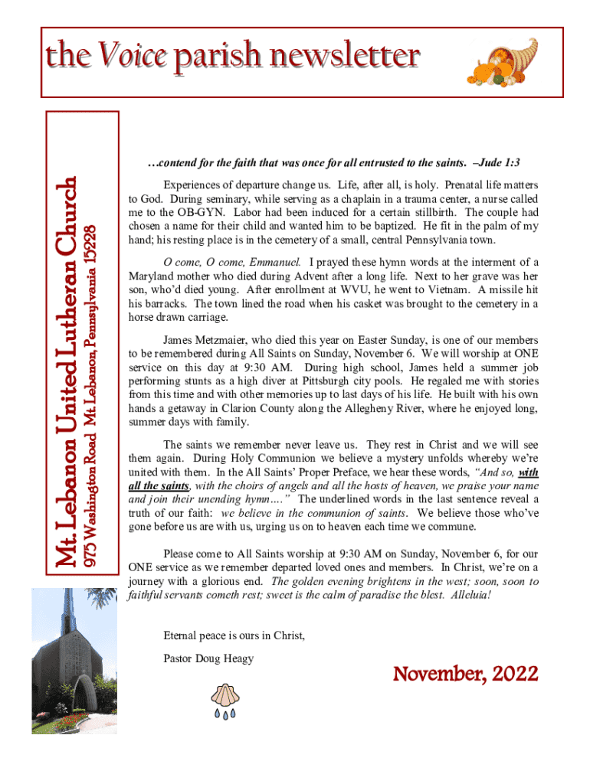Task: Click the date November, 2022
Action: click(465, 675)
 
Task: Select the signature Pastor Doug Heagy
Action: click(208, 658)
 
